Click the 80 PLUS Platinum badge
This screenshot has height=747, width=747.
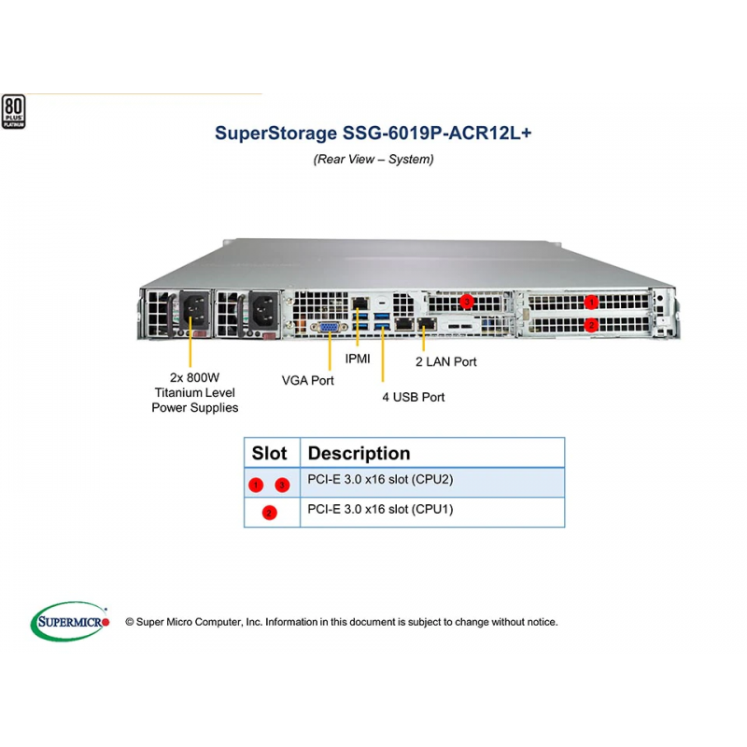click(x=13, y=111)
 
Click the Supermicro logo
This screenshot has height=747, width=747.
click(x=70, y=621)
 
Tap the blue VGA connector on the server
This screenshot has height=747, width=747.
click(x=329, y=328)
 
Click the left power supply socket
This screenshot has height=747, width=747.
click(x=194, y=310)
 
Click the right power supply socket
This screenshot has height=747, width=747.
click(x=263, y=310)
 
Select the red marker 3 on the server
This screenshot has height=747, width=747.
click(x=467, y=301)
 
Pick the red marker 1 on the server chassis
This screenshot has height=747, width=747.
click(x=591, y=302)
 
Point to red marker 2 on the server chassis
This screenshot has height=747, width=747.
click(x=591, y=325)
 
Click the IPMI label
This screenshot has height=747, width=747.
click(x=358, y=359)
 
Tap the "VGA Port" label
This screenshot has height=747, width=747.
click(x=308, y=381)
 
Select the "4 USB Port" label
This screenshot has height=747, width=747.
click(x=413, y=398)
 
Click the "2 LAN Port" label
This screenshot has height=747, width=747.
click(x=446, y=362)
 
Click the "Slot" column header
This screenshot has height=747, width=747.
click(x=269, y=453)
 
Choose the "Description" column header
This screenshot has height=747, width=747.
click(x=359, y=453)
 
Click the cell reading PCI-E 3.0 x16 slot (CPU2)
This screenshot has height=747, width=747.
click(x=432, y=483)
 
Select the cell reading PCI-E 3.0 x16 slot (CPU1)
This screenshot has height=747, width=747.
click(x=432, y=513)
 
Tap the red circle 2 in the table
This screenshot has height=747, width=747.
click(x=269, y=513)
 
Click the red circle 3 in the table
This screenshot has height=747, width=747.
click(x=282, y=485)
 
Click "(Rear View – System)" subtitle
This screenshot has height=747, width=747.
click(x=373, y=159)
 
